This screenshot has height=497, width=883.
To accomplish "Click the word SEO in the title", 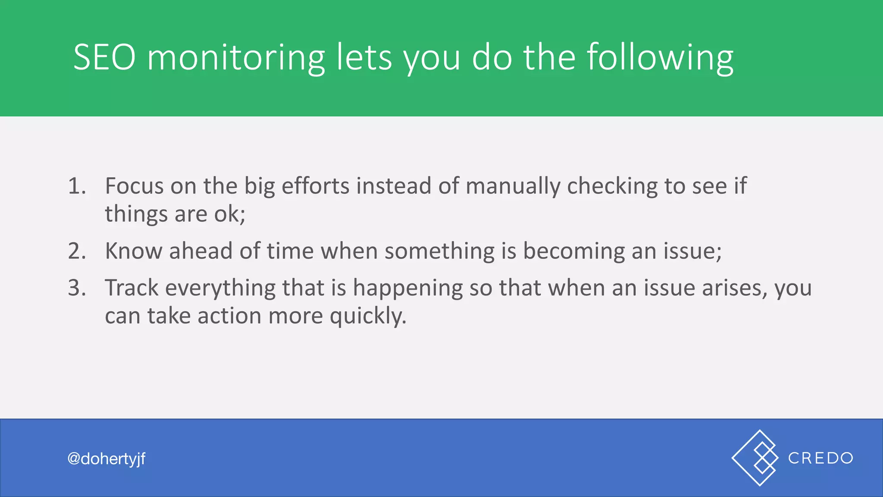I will (104, 57).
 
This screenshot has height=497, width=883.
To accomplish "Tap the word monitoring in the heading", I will (236, 57).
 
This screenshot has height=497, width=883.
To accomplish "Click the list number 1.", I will (76, 186).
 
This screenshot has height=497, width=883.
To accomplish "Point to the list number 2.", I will (77, 251).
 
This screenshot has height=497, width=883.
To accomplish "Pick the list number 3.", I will (77, 288).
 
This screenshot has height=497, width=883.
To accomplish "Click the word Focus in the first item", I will (134, 186).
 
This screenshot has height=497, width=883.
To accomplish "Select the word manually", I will (513, 186).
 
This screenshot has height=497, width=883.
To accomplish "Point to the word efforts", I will (315, 186).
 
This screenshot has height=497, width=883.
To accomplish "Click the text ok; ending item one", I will (230, 214).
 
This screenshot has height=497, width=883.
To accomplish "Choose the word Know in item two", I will (133, 251).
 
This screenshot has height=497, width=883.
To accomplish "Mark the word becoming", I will (573, 251).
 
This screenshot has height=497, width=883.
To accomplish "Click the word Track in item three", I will (132, 288).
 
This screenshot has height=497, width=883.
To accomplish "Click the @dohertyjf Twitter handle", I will (106, 459).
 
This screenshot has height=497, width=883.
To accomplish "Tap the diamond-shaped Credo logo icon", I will (755, 458).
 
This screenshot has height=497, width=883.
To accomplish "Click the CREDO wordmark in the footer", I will (820, 458).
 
